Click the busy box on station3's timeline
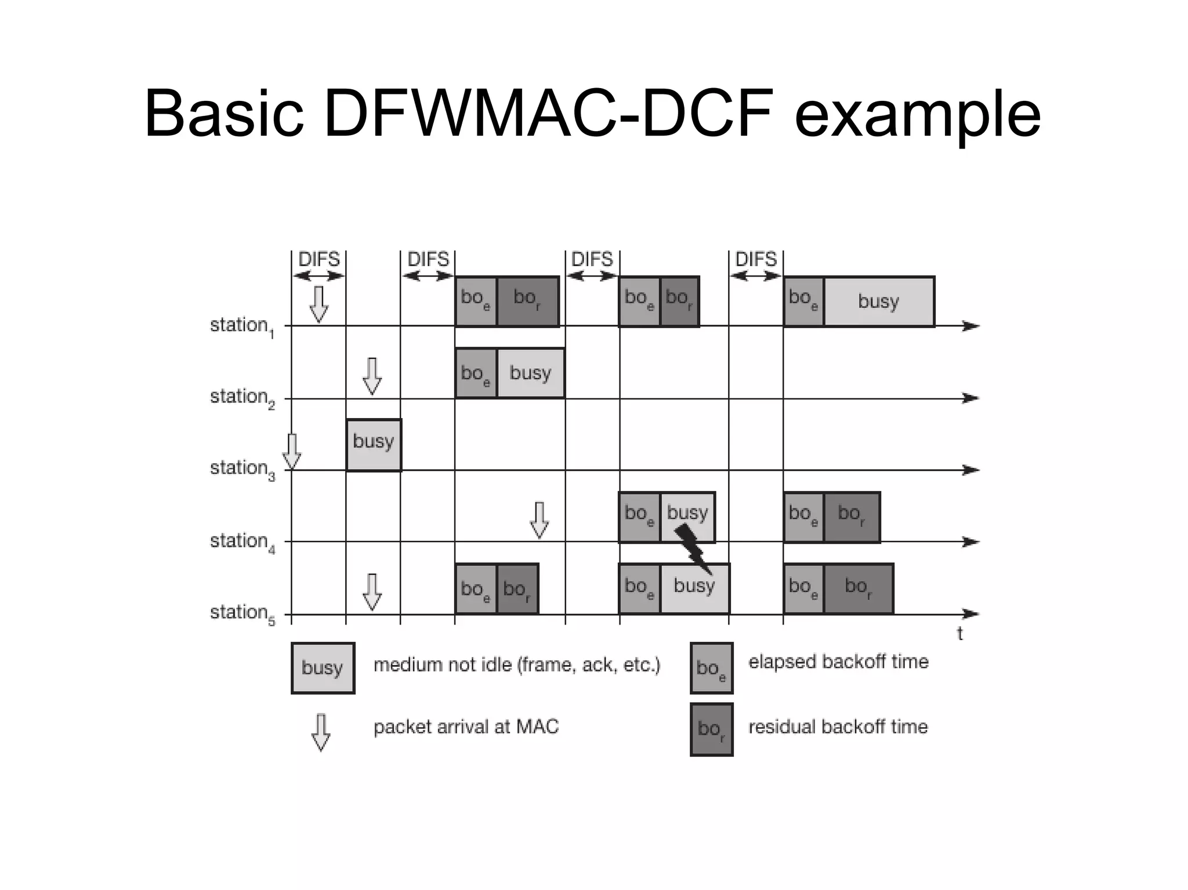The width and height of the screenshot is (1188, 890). tap(374, 445)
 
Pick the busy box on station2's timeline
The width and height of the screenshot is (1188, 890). tap(530, 373)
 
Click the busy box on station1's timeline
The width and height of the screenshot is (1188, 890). tap(878, 301)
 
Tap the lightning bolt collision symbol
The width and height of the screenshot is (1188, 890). tap(693, 548)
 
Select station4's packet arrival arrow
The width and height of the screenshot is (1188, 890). tap(539, 520)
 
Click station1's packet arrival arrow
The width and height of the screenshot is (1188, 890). tap(318, 304)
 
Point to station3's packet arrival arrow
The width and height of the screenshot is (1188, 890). tap(292, 452)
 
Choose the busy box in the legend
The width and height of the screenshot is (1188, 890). tap(323, 668)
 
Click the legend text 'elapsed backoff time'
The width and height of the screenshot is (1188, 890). tap(838, 662)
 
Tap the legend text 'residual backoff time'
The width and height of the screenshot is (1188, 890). tap(838, 726)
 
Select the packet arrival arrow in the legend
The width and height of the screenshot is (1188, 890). tap(321, 732)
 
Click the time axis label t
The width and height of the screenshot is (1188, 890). tap(959, 634)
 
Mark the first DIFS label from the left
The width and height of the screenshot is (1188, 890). tap(318, 259)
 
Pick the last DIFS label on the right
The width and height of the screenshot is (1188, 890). tap(756, 259)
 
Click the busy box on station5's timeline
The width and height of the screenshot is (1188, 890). tap(694, 587)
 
